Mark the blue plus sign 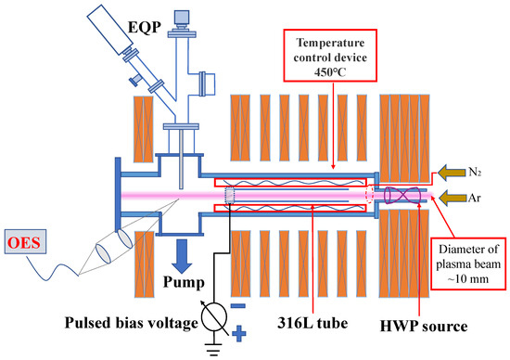[x=242, y=329]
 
